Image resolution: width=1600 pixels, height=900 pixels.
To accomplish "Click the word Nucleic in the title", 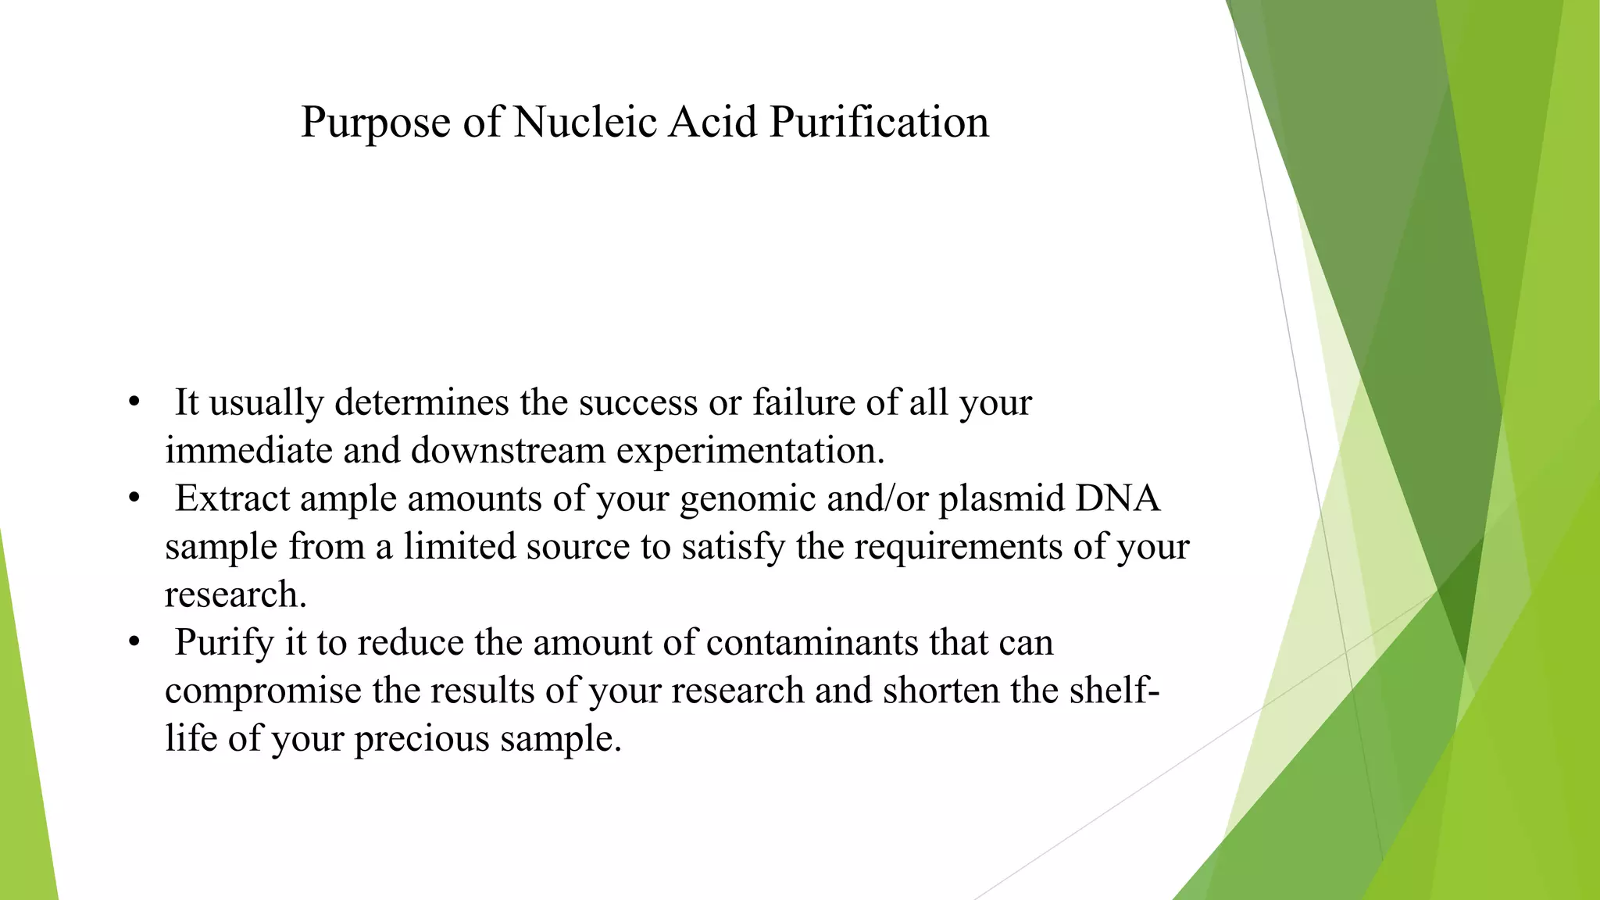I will (585, 122).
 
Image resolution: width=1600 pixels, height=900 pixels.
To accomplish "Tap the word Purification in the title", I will (879, 122).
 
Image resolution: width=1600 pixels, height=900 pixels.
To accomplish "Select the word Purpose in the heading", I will (376, 122).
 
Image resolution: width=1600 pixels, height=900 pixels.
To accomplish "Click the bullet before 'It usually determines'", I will (134, 402).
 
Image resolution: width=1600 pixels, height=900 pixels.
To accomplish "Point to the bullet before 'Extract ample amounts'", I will (134, 498).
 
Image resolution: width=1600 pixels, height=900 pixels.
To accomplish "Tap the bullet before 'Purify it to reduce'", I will (134, 642).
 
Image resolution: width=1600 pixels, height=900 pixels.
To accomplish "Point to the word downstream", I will (508, 450).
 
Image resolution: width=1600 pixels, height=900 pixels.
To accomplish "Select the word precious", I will (421, 739).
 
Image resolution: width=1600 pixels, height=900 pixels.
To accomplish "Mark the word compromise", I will (263, 691).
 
